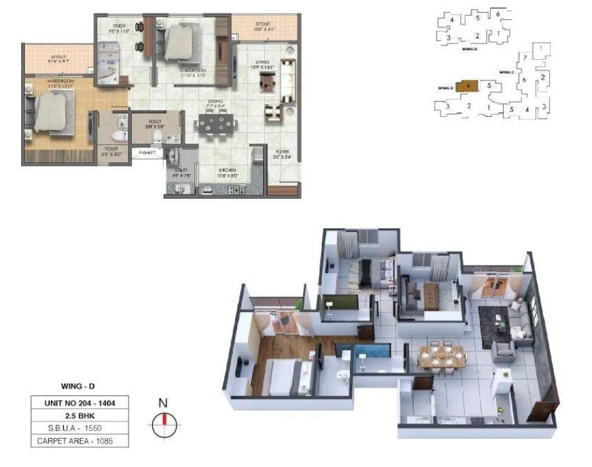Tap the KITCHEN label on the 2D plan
(x=228, y=172)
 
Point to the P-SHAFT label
(x=147, y=153)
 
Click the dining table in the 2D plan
(x=215, y=124)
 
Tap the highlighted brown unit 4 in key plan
(x=468, y=86)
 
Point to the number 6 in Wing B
(x=497, y=13)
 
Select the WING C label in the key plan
(x=507, y=72)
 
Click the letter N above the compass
(x=164, y=404)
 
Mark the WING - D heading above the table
(x=72, y=388)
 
